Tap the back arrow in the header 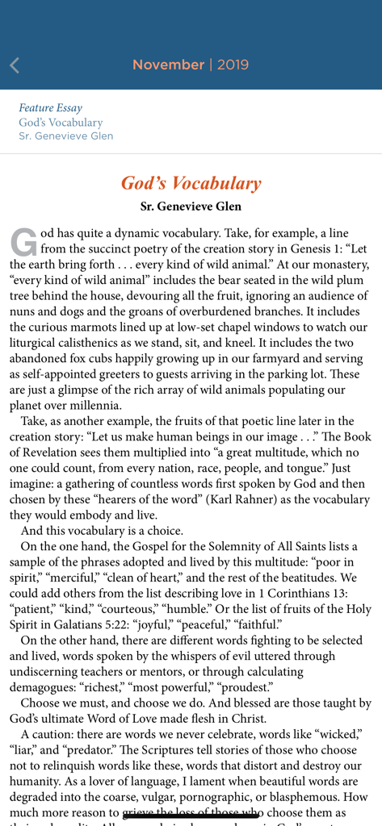tap(15, 65)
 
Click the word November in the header tap(168, 65)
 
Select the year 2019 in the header tap(233, 65)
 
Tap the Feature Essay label tap(50, 108)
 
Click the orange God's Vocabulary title tap(191, 183)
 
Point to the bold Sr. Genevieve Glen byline tap(191, 206)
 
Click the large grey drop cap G tap(23, 242)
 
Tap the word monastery tap(338, 265)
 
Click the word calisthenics tap(93, 344)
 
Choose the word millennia tap(95, 406)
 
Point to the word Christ tap(249, 719)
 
